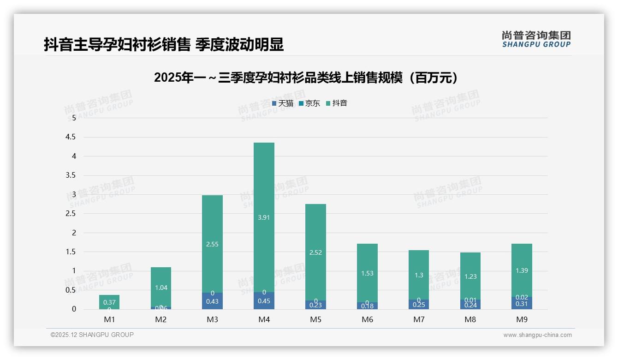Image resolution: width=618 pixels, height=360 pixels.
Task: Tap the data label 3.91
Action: click(x=264, y=217)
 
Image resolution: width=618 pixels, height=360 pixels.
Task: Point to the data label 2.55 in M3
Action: click(x=212, y=244)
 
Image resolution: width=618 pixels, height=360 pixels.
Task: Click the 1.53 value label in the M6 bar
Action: click(x=367, y=273)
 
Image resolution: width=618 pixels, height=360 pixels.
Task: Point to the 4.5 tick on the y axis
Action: click(x=71, y=137)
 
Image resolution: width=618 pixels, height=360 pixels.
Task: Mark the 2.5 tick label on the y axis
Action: click(x=71, y=214)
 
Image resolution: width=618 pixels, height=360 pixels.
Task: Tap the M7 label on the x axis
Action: click(x=419, y=319)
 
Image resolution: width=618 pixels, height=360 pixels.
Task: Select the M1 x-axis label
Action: click(x=109, y=319)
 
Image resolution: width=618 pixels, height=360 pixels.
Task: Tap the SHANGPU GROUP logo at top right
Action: click(x=536, y=39)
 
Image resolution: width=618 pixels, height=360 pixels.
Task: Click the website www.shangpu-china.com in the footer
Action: click(x=537, y=335)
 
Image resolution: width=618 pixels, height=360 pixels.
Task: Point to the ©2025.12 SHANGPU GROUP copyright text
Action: click(x=92, y=335)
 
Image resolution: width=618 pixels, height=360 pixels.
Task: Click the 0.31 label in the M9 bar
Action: click(x=522, y=304)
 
